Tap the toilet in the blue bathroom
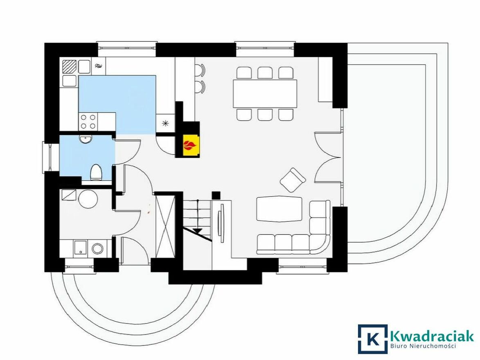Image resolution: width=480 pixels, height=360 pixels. coord(96,172)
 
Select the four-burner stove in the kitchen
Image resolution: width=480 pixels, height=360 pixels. coord(88,121)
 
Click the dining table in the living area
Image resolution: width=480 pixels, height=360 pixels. coord(265,93)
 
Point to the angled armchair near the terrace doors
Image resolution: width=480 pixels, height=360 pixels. coord(293,180)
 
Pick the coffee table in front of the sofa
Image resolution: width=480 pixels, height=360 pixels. coord(279,209)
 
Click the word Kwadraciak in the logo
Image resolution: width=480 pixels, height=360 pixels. coord(432,336)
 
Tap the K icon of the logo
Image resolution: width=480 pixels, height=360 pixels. coord(372,339)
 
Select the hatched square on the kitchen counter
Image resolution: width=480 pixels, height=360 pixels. coord(69,67)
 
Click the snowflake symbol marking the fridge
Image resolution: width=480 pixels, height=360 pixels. coord(165,123)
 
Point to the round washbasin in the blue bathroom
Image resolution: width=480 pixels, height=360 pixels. coord(85,139)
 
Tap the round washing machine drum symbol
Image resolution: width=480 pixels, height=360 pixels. coord(97,248)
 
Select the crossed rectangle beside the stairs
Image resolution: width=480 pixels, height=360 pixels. coord(166,226)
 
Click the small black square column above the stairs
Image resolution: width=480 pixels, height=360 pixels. coord(216,195)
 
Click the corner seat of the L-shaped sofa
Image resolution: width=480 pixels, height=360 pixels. coord(320,244)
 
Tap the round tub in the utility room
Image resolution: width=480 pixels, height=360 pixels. coord(88,199)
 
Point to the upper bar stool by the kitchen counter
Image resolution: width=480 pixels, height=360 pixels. coord(200,70)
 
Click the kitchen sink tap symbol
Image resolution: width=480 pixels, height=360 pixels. coord(99,66)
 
